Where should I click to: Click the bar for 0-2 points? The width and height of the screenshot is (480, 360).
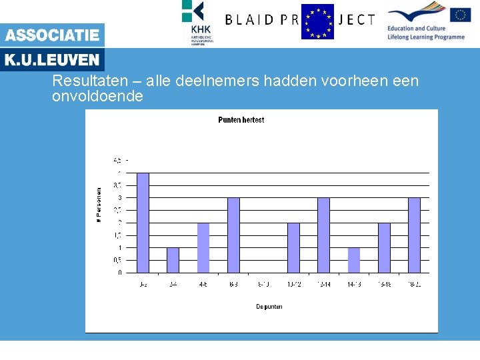143,223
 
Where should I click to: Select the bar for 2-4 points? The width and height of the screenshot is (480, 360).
173,260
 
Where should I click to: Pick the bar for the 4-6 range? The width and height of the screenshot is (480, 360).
203,247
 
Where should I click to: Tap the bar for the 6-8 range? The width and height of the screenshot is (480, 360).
233,235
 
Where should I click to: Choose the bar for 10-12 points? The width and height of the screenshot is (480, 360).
293,247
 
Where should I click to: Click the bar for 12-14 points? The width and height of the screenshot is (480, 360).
323,235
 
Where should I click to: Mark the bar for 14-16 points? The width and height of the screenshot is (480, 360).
354,260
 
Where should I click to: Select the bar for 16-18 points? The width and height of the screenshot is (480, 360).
384,247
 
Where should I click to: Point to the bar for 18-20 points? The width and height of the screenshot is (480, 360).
414,235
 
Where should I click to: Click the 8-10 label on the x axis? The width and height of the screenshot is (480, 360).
263,285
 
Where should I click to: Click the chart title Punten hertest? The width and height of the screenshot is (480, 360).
241,120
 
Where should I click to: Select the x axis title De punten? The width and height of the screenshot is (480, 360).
269,307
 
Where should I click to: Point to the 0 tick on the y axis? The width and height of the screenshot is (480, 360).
119,273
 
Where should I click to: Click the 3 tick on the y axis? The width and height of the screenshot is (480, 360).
119,198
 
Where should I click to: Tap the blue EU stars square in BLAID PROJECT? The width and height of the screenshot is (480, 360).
317,21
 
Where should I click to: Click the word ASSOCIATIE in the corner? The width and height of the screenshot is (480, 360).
52,35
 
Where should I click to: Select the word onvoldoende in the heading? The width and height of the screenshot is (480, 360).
97,97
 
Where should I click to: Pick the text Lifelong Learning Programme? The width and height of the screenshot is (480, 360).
426,37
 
